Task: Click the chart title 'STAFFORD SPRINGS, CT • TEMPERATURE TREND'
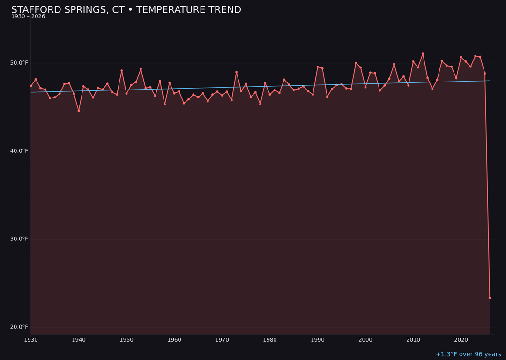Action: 126,10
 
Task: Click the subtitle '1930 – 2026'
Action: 28,17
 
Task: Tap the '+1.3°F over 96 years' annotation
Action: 468,354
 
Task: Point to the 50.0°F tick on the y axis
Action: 19,63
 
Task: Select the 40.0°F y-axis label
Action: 19,151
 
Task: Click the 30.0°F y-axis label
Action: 19,239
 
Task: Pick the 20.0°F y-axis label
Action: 19,327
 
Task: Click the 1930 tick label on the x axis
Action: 31,340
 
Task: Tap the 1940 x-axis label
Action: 79,340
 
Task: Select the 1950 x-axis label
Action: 126,340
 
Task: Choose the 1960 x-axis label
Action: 174,340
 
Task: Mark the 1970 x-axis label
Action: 222,340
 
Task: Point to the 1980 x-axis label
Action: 270,340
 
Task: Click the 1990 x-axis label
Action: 318,340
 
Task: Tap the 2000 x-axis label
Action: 365,340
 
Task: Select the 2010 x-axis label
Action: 413,340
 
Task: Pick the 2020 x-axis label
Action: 461,340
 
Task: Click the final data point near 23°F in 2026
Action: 490,298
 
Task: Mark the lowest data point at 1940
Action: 79,111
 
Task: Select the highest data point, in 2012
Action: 423,54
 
